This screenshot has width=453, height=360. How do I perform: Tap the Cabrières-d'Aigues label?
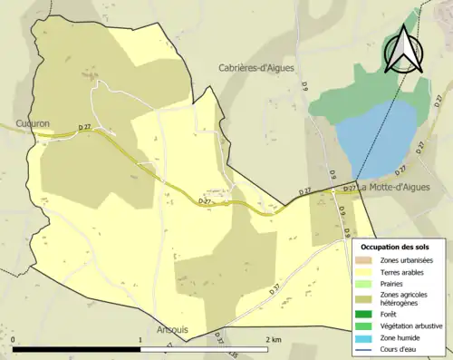click(257, 67)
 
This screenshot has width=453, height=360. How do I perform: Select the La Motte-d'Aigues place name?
click(393, 188)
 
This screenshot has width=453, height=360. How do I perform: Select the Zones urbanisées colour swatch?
click(368, 261)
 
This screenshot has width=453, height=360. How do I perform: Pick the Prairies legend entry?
click(397, 283)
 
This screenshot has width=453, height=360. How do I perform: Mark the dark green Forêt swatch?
click(368, 315)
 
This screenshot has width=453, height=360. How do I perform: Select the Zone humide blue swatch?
click(368, 336)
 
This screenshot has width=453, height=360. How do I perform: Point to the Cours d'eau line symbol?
click(368, 347)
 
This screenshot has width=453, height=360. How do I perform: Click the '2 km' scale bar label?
click(273, 339)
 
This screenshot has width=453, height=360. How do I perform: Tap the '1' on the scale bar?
click(140, 339)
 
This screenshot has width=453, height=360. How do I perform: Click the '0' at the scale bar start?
click(14, 339)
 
